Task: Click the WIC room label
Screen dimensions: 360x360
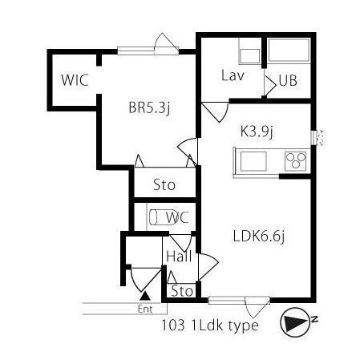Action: coord(75,80)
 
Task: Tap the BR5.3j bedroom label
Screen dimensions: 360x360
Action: coord(149,107)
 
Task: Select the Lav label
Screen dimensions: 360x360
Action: coord(233,75)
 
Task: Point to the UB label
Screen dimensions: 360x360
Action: coord(288,80)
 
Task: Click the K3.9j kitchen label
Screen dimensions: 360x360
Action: coord(257,131)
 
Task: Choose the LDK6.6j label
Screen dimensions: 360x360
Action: coord(259,236)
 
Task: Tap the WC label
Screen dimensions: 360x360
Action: coord(177,217)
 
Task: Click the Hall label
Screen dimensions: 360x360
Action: coord(179,256)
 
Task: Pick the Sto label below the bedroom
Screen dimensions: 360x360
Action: coord(164,185)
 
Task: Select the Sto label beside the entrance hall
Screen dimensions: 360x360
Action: coord(182,291)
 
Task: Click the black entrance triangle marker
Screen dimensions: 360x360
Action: coord(145,296)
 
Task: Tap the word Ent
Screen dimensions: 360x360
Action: coord(145,309)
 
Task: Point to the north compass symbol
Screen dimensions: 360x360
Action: coord(295,322)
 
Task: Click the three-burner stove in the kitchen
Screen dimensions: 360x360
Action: coord(296,161)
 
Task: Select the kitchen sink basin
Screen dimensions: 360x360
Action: coord(253,161)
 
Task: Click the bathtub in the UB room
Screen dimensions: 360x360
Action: coord(289,51)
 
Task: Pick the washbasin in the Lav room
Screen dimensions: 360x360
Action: coord(250,56)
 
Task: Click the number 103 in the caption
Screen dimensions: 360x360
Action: coord(173,326)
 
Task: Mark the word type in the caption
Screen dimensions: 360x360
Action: coord(243,326)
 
